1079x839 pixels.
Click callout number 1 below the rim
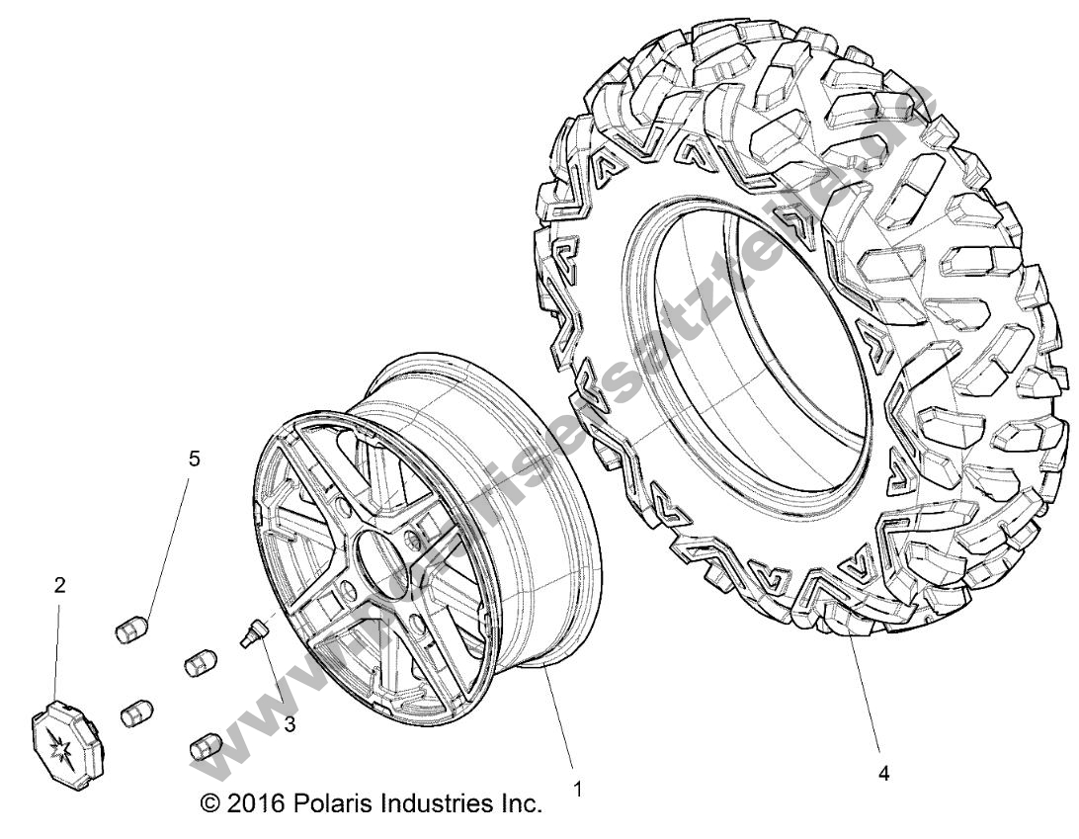(x=577, y=791)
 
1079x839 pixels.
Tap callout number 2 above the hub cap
(x=59, y=586)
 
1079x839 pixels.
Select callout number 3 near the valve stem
(x=290, y=724)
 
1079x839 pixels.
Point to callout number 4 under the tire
(x=883, y=776)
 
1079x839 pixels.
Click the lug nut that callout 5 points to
(x=131, y=629)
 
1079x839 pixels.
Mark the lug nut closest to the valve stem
(x=201, y=663)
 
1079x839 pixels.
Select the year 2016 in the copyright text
(x=255, y=803)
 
